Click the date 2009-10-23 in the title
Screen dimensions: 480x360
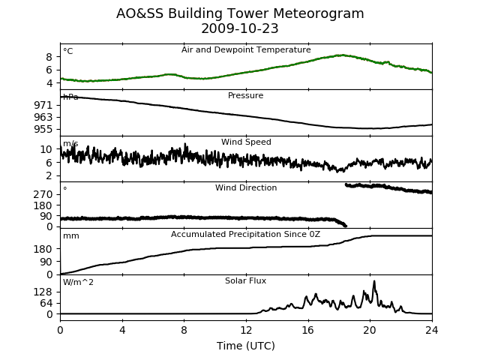pyautogui.click(x=240, y=28)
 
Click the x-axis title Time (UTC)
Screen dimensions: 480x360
pyautogui.click(x=246, y=346)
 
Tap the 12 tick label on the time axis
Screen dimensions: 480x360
pyautogui.click(x=246, y=330)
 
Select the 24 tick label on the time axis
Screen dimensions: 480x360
pyautogui.click(x=432, y=330)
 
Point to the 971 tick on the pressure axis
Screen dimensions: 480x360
pyautogui.click(x=43, y=105)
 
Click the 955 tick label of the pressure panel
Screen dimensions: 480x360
pyautogui.click(x=43, y=129)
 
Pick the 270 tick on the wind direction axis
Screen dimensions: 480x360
pyautogui.click(x=43, y=194)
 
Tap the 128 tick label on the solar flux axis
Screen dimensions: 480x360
pyautogui.click(x=43, y=292)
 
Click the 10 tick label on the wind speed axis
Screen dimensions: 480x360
pyautogui.click(x=46, y=149)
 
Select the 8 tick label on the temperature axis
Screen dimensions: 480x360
pyautogui.click(x=49, y=57)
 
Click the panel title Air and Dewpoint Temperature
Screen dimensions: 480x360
pyautogui.click(x=246, y=50)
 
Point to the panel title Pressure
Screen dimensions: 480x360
pyautogui.click(x=245, y=95)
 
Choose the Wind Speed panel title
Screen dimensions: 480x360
pyautogui.click(x=246, y=142)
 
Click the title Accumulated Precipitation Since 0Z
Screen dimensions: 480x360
pyautogui.click(x=245, y=234)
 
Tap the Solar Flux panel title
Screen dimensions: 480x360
pyautogui.click(x=245, y=280)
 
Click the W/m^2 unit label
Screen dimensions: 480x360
pyautogui.click(x=78, y=282)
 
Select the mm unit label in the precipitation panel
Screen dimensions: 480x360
pyautogui.click(x=71, y=236)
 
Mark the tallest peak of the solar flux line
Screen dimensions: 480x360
pyautogui.click(x=374, y=281)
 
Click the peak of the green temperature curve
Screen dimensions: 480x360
pyautogui.click(x=342, y=55)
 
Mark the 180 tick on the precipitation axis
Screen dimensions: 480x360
pyautogui.click(x=43, y=249)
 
